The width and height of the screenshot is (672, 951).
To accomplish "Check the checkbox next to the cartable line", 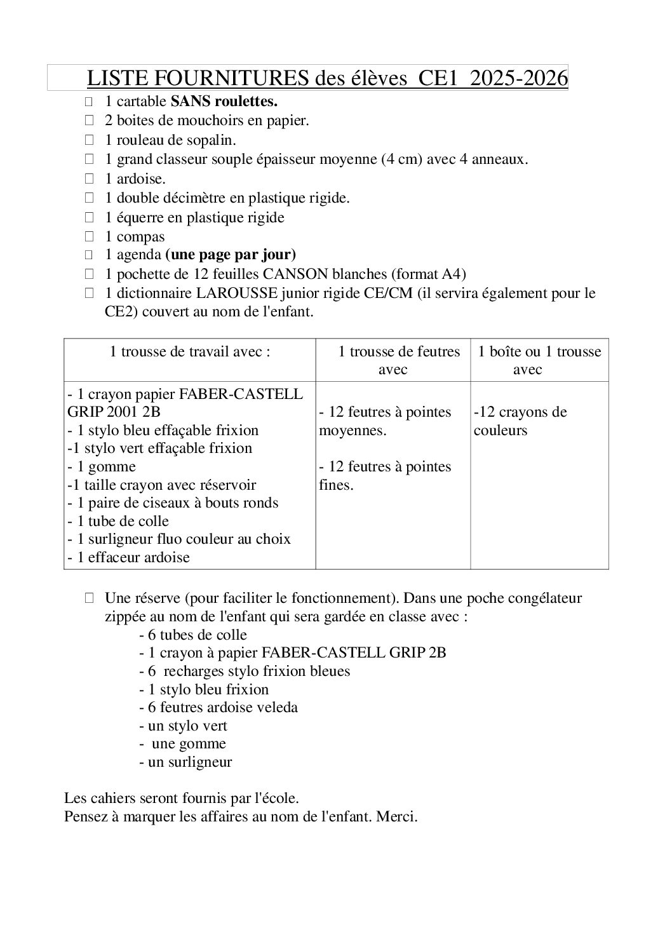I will (x=90, y=101).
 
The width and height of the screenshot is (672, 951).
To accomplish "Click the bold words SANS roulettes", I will (x=224, y=101).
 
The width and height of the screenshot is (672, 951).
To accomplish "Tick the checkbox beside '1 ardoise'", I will (x=90, y=179).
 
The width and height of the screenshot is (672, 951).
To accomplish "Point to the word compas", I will (x=140, y=237).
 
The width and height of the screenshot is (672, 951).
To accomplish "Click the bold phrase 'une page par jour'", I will (x=231, y=255).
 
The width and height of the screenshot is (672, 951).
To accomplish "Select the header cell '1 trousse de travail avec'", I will (x=190, y=352).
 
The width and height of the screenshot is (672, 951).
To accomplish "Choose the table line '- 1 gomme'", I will (x=102, y=467).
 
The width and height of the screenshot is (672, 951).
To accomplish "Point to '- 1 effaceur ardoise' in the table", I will (x=129, y=558).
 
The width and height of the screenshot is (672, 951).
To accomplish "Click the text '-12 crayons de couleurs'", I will (x=520, y=421).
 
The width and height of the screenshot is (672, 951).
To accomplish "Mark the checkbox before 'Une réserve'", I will (x=90, y=598).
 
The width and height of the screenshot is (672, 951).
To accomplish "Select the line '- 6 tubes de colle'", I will (x=193, y=635).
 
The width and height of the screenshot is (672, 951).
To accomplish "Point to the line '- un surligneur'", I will (x=185, y=762).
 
